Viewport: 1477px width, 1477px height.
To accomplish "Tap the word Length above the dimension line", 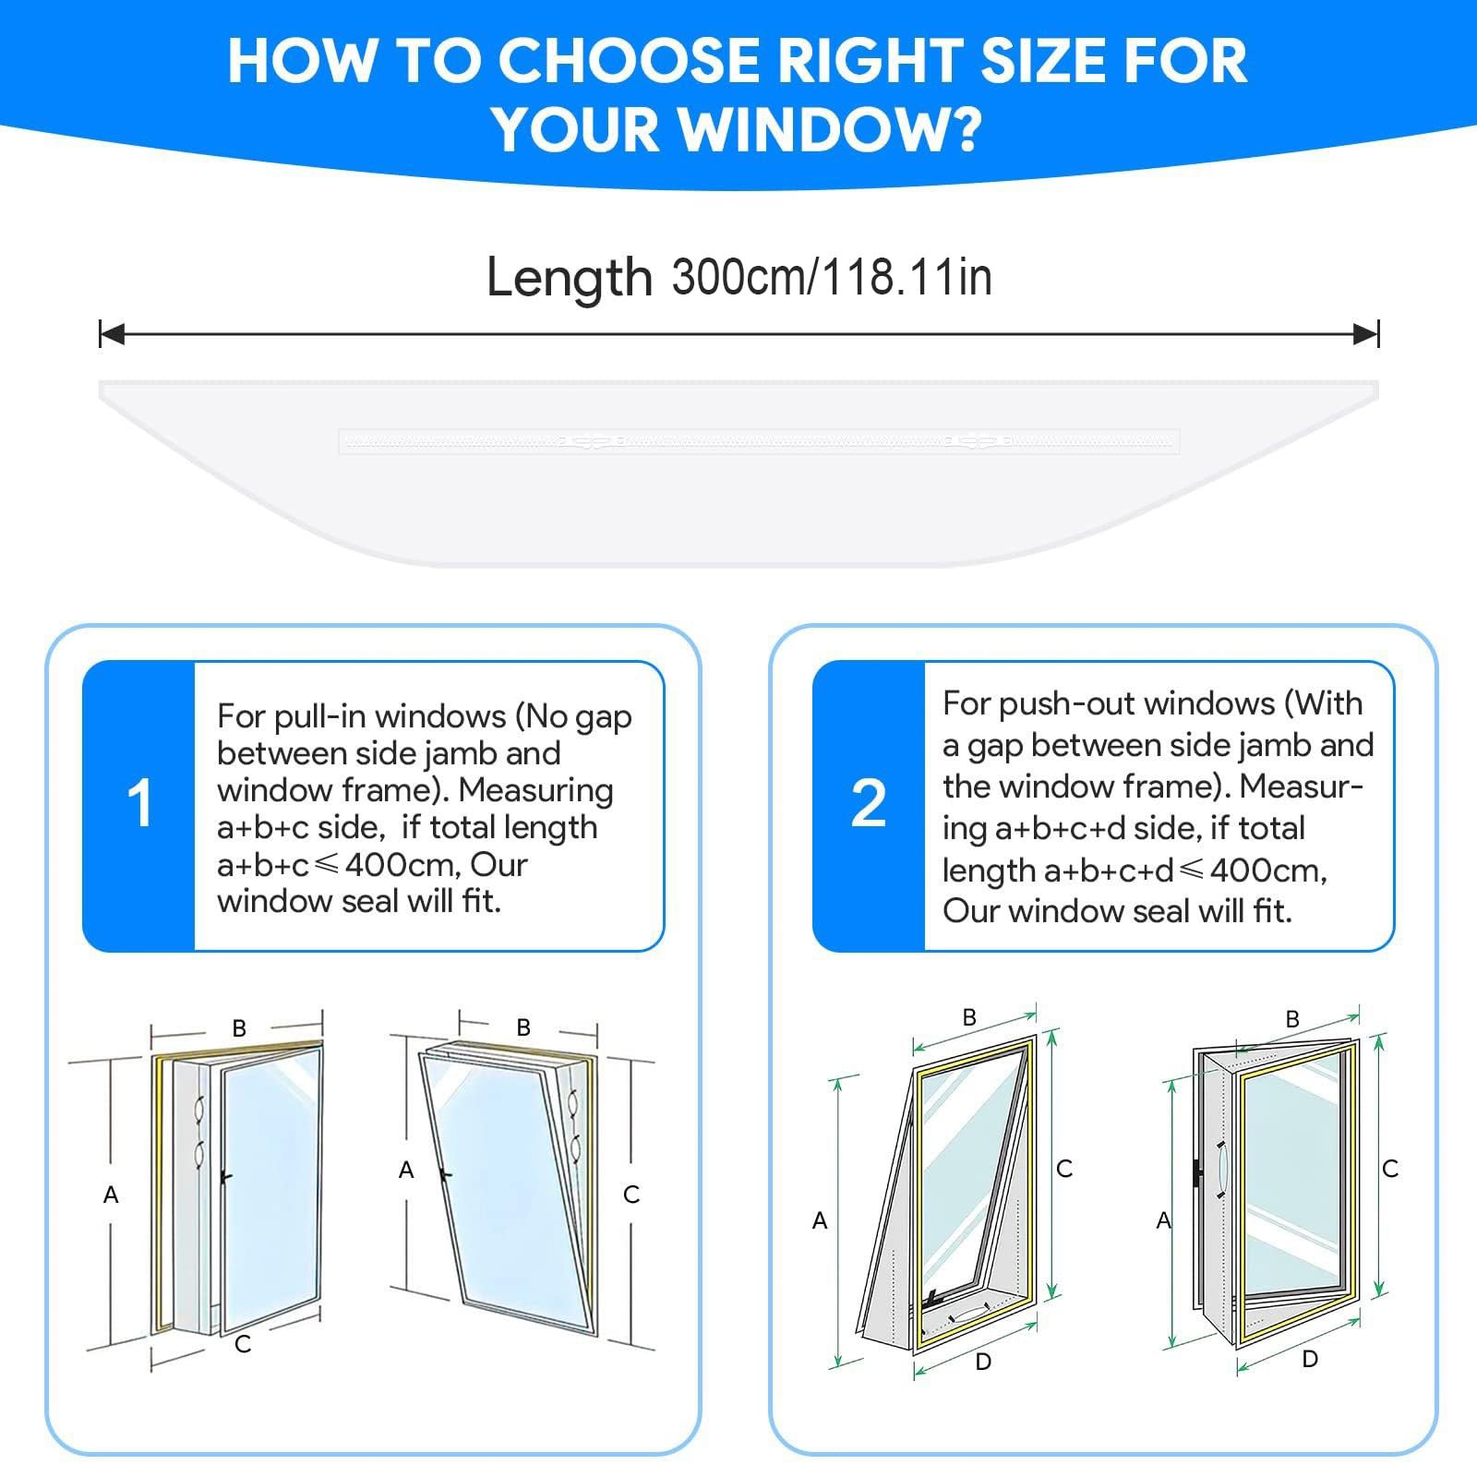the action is click(x=569, y=279).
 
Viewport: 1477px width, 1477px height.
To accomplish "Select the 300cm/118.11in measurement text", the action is click(x=832, y=277).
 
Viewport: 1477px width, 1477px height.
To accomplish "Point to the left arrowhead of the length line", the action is click(x=112, y=334).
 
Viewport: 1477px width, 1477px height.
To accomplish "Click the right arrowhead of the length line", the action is click(x=1366, y=334).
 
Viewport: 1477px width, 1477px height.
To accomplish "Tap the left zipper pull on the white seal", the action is click(x=591, y=442).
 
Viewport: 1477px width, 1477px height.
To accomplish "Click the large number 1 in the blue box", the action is click(x=140, y=803).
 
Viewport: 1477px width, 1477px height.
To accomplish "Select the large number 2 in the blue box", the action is click(x=869, y=803).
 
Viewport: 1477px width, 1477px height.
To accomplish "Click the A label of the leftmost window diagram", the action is click(x=111, y=1195).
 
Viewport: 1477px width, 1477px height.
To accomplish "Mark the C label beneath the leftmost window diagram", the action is click(x=243, y=1344).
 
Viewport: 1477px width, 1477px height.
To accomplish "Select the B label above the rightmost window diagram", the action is click(x=1292, y=1019).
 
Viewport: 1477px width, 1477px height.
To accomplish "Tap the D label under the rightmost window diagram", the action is click(x=1310, y=1359).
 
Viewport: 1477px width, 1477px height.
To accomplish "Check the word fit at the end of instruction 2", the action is click(x=1271, y=912).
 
